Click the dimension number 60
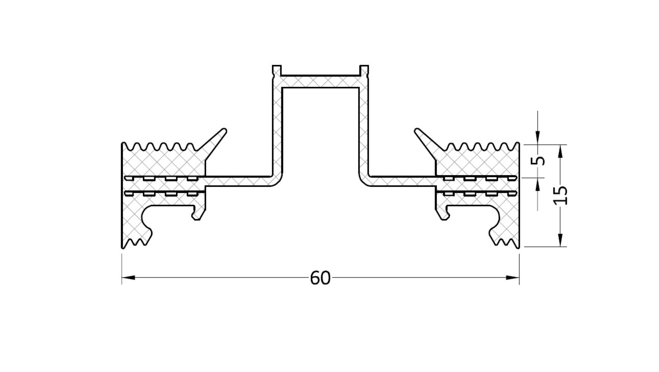click(x=320, y=278)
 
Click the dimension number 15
click(x=560, y=195)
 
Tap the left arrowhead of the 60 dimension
click(x=128, y=277)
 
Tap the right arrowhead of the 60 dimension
click(x=512, y=277)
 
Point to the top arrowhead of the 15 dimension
click(x=560, y=151)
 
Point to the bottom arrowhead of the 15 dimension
click(x=560, y=240)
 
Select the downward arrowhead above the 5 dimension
click(x=538, y=138)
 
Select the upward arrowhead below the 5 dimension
click(x=538, y=184)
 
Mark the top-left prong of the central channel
click(x=277, y=70)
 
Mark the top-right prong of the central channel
click(x=364, y=70)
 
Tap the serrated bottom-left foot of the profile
click(x=136, y=239)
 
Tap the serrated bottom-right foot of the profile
click(x=505, y=239)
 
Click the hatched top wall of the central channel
click(x=321, y=82)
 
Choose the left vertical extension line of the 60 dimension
click(x=122, y=269)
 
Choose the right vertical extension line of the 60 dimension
click(x=519, y=269)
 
